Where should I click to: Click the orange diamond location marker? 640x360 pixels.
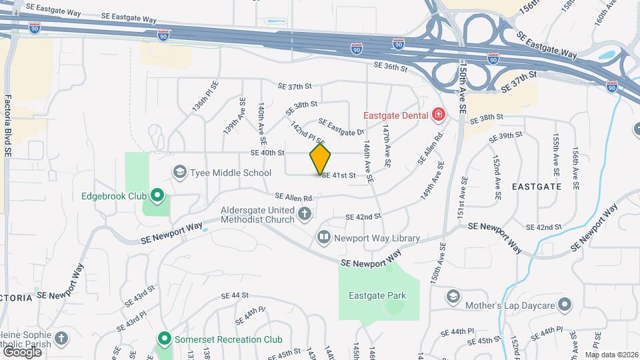(x=321, y=159)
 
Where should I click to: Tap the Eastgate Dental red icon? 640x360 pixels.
(x=439, y=115)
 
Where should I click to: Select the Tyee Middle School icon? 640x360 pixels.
(x=179, y=173)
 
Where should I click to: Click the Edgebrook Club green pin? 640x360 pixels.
(x=157, y=196)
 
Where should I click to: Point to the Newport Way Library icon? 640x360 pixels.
(x=324, y=237)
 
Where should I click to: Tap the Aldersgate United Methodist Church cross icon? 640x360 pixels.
(x=305, y=214)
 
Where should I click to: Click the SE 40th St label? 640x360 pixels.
(x=267, y=153)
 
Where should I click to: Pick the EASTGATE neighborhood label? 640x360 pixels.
(x=537, y=187)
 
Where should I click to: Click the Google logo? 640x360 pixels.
(x=22, y=351)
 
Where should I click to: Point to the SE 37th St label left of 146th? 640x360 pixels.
(x=295, y=86)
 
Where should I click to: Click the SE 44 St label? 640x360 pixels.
(x=235, y=295)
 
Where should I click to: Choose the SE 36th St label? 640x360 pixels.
(x=390, y=67)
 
